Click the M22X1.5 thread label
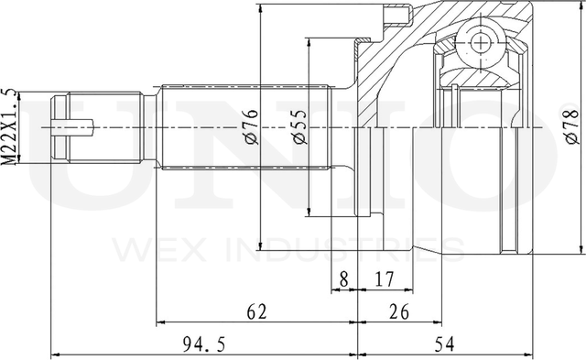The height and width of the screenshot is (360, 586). pyautogui.click(x=8, y=126)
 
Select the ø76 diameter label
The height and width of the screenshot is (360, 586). pyautogui.click(x=250, y=126)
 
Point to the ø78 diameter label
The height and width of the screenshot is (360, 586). pyautogui.click(x=572, y=123)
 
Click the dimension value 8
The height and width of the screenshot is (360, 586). pyautogui.click(x=344, y=278)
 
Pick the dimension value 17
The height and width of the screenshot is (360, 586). pyautogui.click(x=384, y=278)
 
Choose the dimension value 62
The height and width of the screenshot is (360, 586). pyautogui.click(x=257, y=311)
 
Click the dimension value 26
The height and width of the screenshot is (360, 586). pyautogui.click(x=399, y=311)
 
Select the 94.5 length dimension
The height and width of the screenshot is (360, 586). pyautogui.click(x=204, y=344)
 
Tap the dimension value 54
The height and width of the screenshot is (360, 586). pyautogui.click(x=444, y=344)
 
